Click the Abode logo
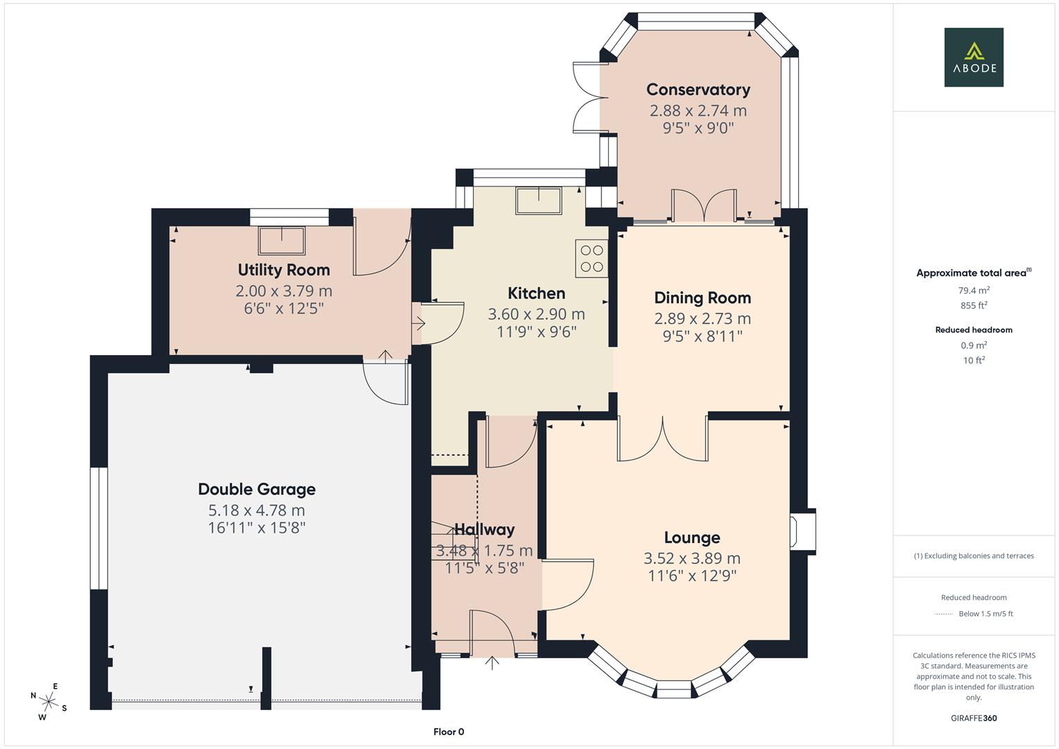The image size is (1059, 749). click(973, 58)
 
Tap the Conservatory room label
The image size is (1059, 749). click(698, 89)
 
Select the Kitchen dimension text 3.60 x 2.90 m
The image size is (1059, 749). click(536, 314)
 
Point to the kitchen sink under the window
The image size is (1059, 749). click(538, 200)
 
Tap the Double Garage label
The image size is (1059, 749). click(257, 490)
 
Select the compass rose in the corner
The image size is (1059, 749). click(49, 700)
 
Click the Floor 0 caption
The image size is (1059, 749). click(449, 732)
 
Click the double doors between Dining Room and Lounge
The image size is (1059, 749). click(663, 439)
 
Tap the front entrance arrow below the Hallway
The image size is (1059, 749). click(492, 662)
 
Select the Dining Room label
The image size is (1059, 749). click(702, 298)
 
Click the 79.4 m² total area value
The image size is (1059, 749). click(974, 291)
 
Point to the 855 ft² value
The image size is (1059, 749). click(974, 305)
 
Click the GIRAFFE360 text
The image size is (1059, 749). click(973, 718)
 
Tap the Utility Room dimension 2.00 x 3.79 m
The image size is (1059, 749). click(284, 291)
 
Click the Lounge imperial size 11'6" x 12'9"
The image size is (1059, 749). click(691, 576)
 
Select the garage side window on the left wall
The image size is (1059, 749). click(99, 528)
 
